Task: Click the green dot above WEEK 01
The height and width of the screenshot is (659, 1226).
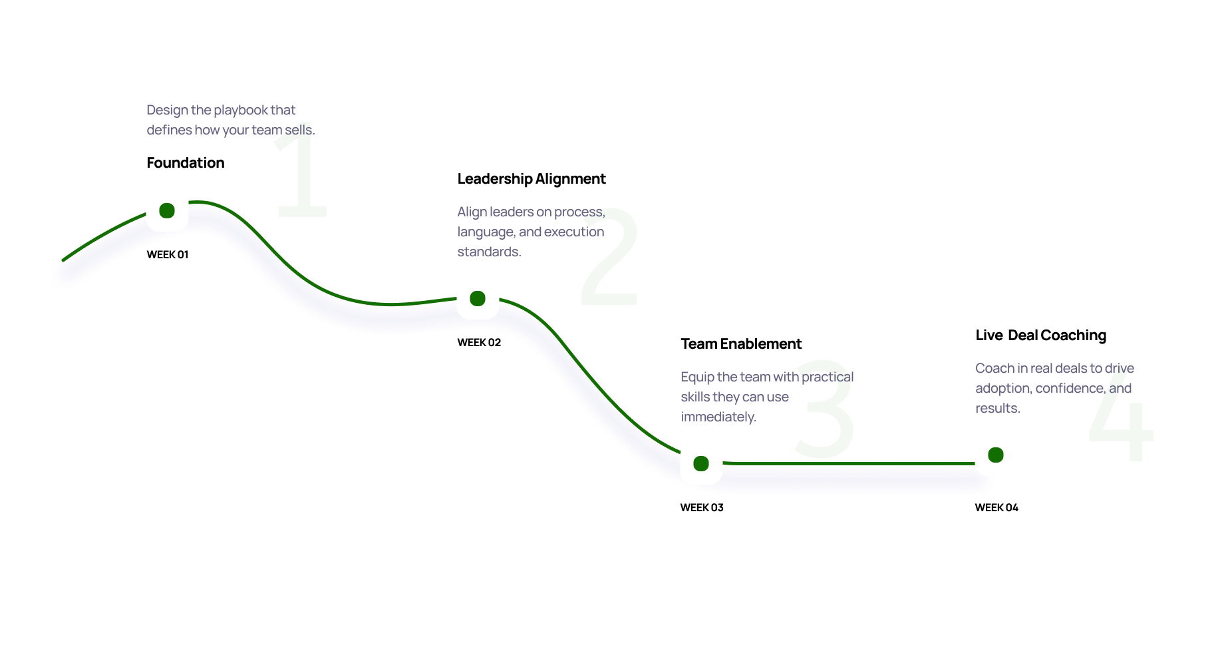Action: (x=167, y=211)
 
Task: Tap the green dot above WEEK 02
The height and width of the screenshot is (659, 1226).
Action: (x=478, y=299)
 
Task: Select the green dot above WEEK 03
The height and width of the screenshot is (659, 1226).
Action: (x=701, y=464)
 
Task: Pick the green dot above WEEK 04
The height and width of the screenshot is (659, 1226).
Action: (x=996, y=455)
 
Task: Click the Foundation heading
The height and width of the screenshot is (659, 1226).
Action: (x=186, y=163)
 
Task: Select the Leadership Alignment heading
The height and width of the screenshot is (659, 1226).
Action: (x=532, y=179)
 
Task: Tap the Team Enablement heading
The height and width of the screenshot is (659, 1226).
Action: (x=741, y=344)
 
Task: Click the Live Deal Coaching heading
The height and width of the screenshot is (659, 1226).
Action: (x=1040, y=335)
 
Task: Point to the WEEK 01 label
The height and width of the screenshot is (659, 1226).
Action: (x=168, y=255)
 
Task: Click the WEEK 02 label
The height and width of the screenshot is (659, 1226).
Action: (x=479, y=343)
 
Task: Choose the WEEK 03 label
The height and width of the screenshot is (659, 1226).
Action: (x=702, y=508)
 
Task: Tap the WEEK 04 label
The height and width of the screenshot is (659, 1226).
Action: (x=996, y=508)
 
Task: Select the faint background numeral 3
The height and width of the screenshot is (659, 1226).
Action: (x=826, y=410)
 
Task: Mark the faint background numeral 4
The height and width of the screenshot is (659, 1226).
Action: (x=1121, y=419)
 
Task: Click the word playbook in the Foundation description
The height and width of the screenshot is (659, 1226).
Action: (x=240, y=110)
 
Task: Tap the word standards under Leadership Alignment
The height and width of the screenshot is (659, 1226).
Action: (x=489, y=252)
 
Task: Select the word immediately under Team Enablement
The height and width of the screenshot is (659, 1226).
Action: (x=718, y=417)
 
